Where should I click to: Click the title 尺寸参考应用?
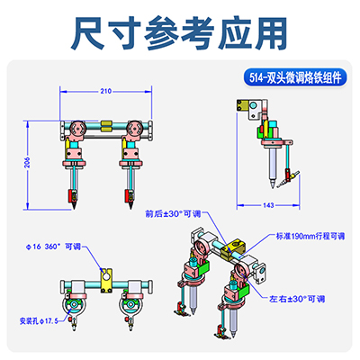click(180, 33)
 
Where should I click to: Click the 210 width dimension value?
click(105, 91)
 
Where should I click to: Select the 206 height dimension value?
click(27, 160)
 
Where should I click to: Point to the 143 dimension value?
click(267, 206)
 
